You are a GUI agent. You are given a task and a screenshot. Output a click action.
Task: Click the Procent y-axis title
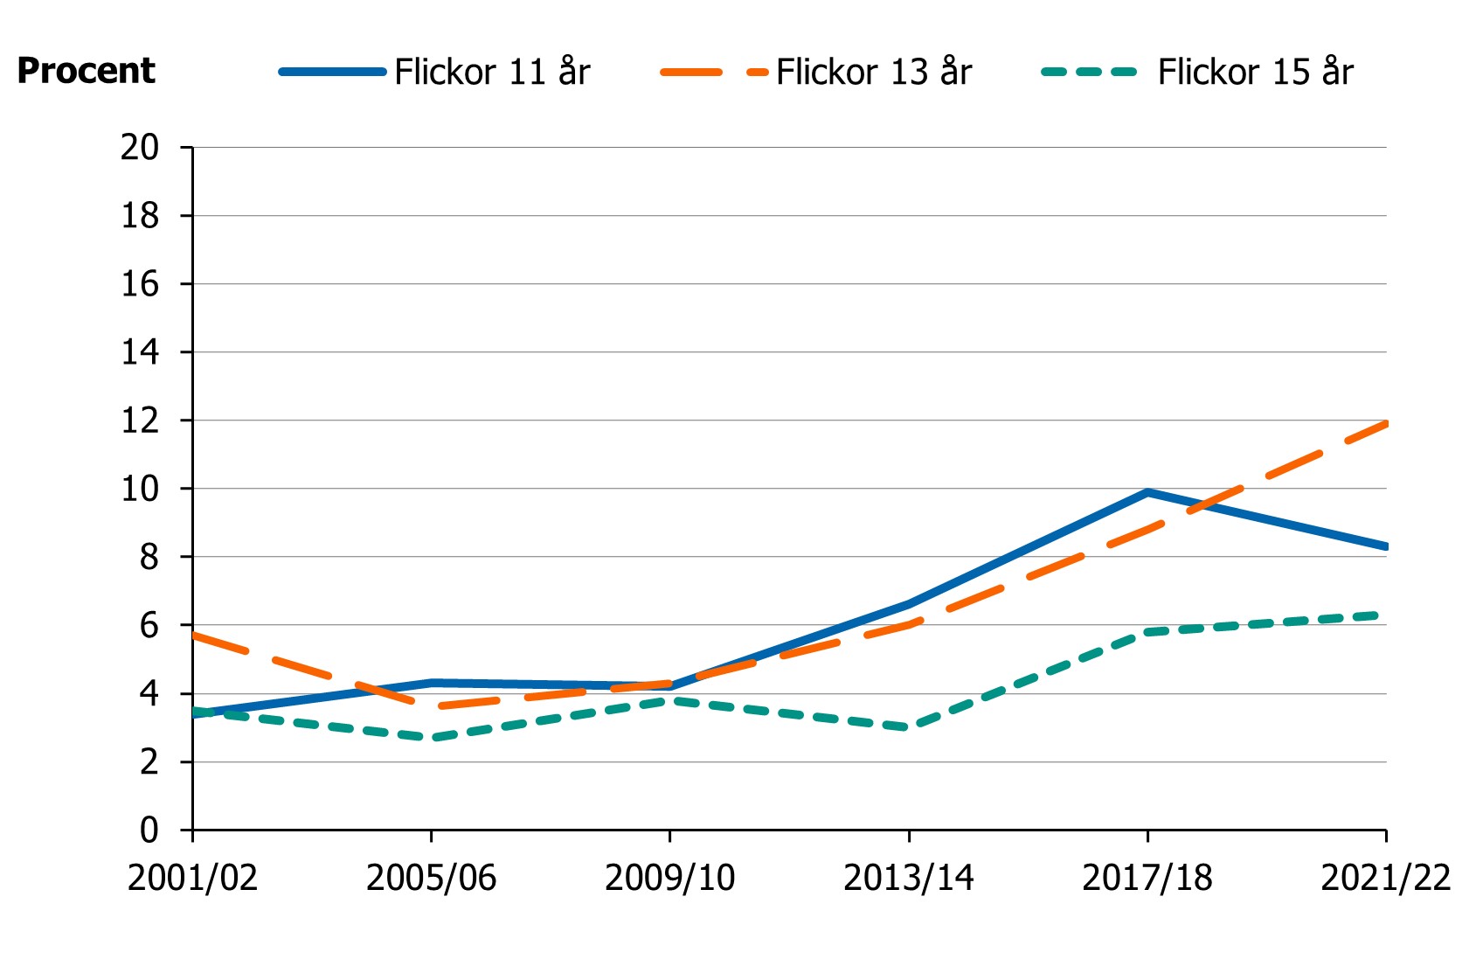click(x=86, y=71)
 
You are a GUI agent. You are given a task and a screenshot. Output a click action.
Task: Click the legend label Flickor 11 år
click(x=492, y=72)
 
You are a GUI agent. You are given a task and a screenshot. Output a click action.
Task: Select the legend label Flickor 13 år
click(x=873, y=72)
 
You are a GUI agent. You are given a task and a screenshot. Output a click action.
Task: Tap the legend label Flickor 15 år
click(x=1255, y=72)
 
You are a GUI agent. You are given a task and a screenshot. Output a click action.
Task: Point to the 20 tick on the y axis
click(x=140, y=147)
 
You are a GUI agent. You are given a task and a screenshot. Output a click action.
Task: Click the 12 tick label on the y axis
click(x=140, y=420)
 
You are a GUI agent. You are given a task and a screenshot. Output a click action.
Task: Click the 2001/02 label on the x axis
click(x=192, y=878)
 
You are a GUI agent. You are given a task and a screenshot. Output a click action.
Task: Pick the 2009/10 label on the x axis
click(x=669, y=878)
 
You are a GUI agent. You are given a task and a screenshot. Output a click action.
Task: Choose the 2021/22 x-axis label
click(x=1385, y=878)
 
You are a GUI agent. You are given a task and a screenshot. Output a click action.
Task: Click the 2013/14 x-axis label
click(x=908, y=878)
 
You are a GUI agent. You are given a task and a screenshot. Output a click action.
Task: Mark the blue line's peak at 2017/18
click(x=1147, y=492)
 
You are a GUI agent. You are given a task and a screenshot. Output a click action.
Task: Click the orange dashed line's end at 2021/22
click(x=1385, y=424)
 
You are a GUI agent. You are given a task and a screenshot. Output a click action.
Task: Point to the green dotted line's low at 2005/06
click(x=431, y=738)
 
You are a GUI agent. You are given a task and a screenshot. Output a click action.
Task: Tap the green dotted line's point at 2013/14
click(x=909, y=727)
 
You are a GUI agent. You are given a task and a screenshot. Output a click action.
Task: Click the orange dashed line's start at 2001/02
click(x=193, y=635)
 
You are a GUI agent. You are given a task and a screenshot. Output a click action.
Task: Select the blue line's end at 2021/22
click(x=1385, y=546)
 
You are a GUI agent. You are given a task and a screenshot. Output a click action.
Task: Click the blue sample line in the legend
click(x=332, y=72)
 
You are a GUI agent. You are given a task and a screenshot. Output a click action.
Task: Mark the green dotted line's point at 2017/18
click(x=1147, y=631)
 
